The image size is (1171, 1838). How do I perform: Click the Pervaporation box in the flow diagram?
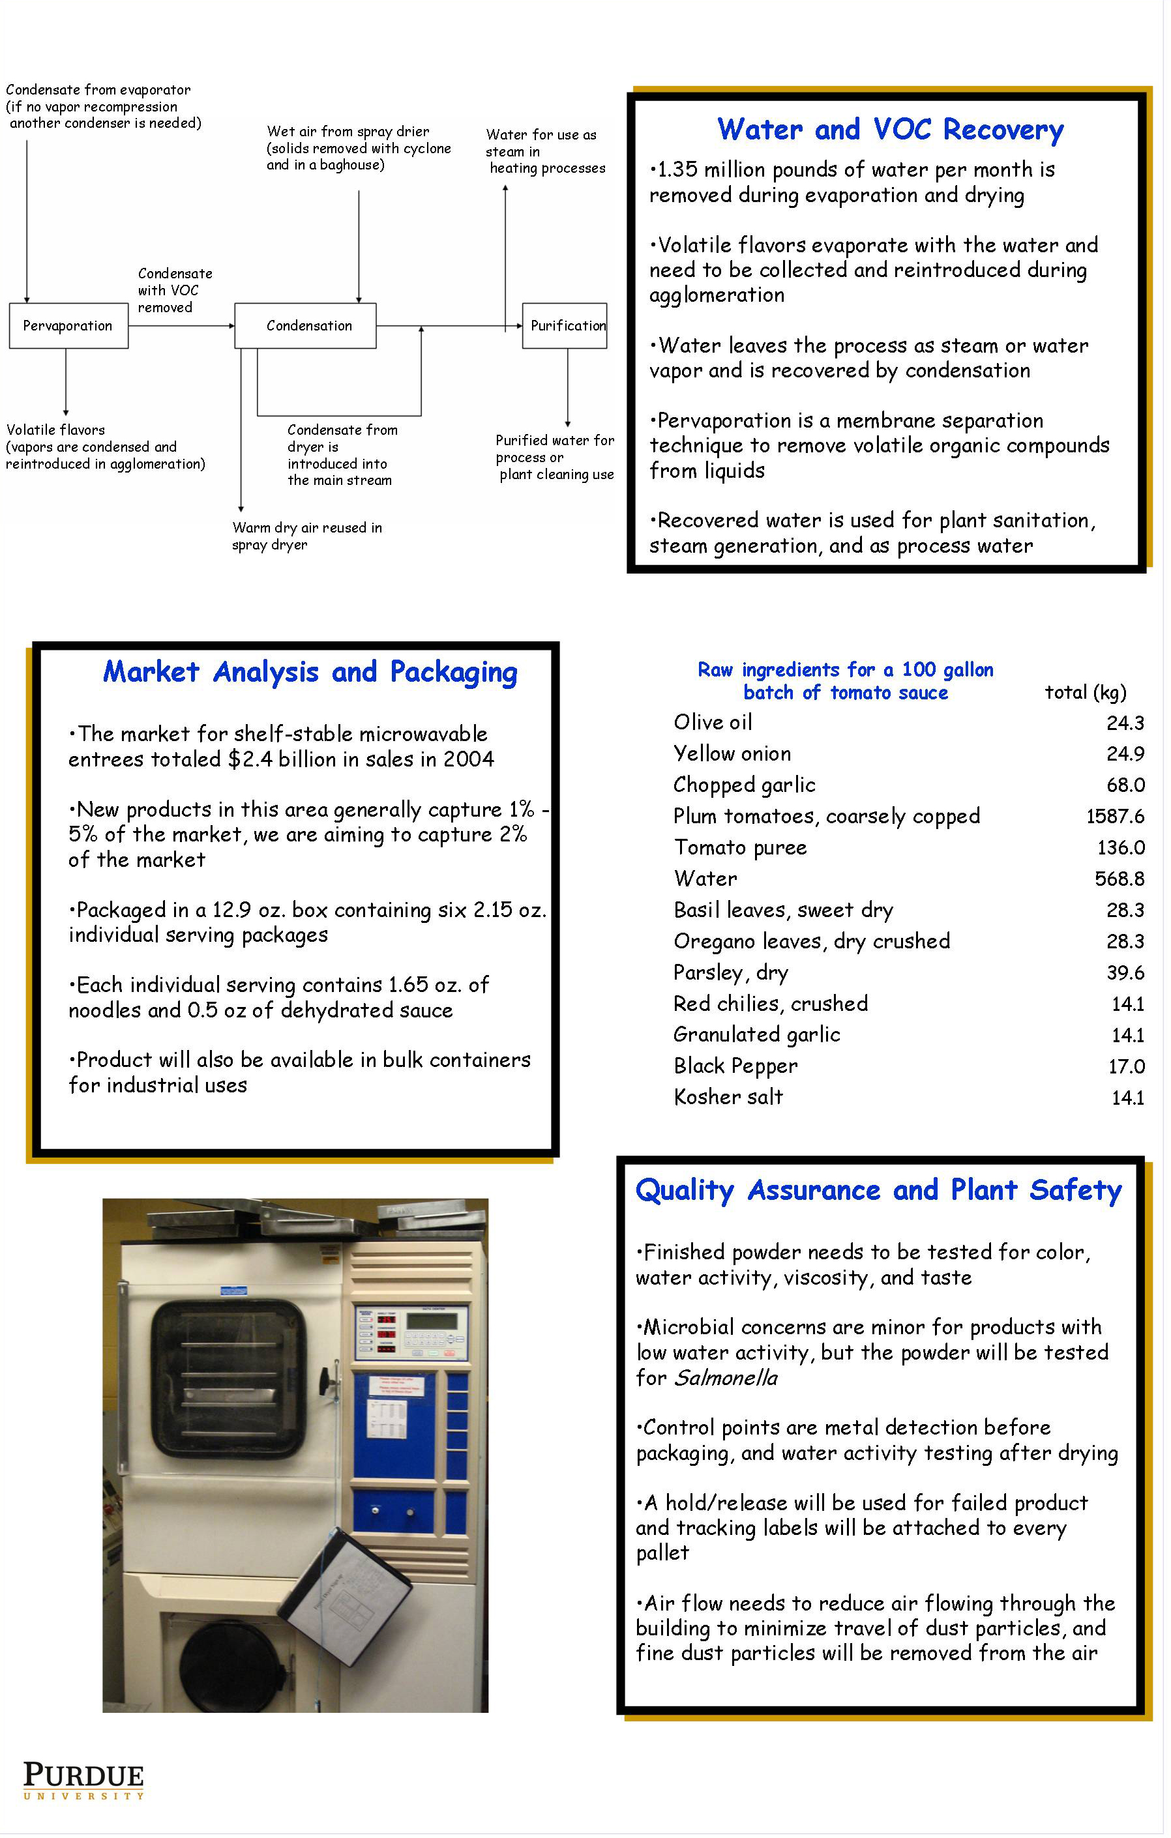tap(68, 326)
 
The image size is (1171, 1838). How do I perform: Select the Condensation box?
tap(305, 326)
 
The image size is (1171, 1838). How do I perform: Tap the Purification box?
tap(565, 326)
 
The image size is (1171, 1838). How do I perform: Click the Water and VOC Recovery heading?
tap(889, 129)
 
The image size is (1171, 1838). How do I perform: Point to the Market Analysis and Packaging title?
tap(310, 672)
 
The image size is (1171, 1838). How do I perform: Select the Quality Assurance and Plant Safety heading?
tap(879, 1190)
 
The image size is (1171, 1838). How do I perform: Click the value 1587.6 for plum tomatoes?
tap(1114, 817)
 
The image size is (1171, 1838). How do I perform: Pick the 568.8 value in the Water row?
tap(1119, 879)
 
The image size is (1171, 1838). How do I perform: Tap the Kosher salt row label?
tap(728, 1097)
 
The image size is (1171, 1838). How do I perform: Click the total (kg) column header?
tap(1085, 692)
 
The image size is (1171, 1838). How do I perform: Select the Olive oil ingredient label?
tap(712, 722)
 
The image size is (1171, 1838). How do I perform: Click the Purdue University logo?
tap(83, 1780)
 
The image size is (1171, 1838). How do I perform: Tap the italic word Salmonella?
tap(725, 1378)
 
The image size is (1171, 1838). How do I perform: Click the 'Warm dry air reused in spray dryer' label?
tap(307, 536)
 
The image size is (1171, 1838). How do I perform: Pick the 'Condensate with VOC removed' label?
tap(175, 290)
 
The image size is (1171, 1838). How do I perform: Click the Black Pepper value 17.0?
tap(1126, 1066)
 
